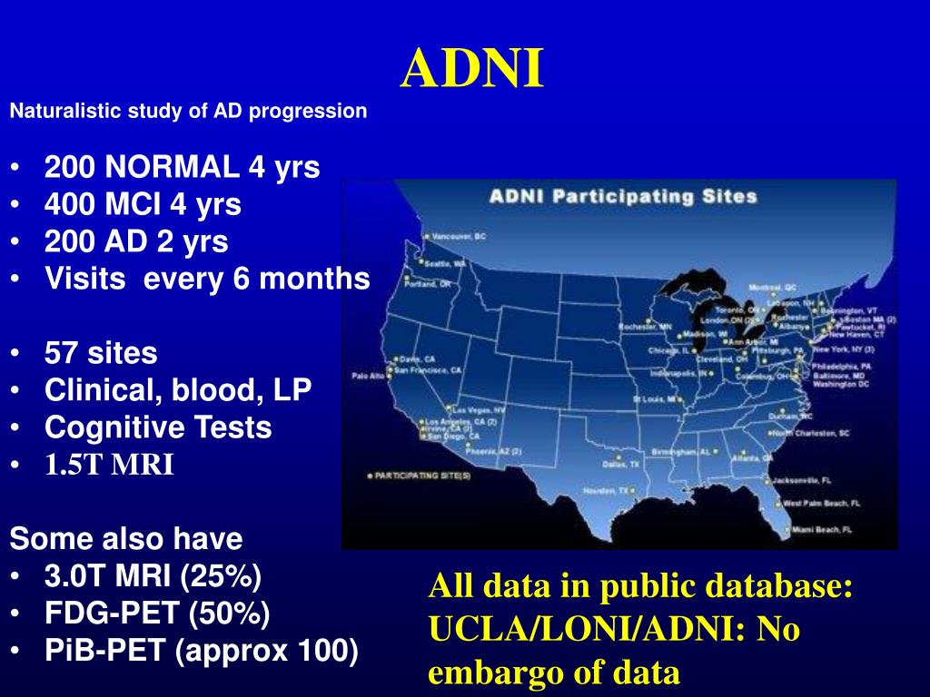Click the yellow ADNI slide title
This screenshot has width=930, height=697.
click(472, 68)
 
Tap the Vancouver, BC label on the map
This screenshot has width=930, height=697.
click(459, 236)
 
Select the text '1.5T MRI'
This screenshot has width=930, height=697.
click(109, 466)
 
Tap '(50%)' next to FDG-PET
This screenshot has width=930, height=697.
click(229, 614)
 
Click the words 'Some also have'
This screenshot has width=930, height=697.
click(126, 539)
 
